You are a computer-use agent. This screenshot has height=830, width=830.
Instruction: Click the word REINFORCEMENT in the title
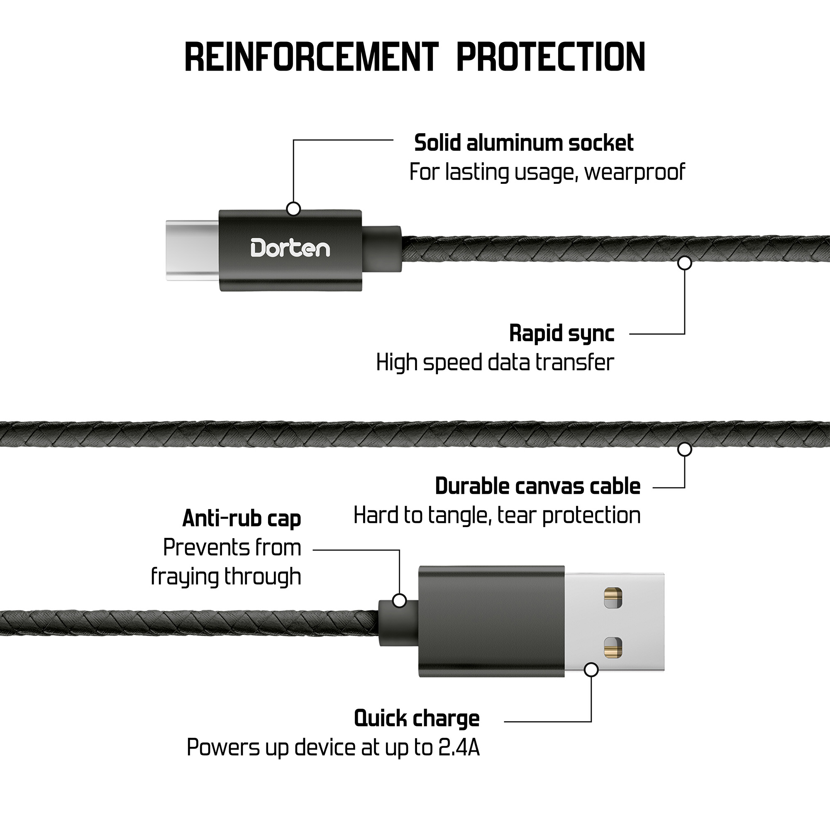point(312,57)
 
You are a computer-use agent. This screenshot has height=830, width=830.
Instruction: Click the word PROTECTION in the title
point(550,57)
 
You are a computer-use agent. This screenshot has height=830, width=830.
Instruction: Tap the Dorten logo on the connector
point(290,249)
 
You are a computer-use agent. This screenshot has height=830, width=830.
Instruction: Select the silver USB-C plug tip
point(192,251)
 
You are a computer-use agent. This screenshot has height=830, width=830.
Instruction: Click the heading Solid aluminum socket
point(523,143)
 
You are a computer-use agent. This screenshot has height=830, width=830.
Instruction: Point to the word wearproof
point(634,172)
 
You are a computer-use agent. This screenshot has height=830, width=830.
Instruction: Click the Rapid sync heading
point(561,333)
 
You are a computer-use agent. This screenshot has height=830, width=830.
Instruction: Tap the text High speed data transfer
point(495,362)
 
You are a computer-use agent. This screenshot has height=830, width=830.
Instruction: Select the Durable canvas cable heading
point(537,486)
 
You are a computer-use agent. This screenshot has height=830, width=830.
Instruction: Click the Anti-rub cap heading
point(242,518)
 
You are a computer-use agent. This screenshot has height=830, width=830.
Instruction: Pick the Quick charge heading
point(417,718)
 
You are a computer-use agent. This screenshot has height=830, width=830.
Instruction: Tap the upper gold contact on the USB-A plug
point(613,598)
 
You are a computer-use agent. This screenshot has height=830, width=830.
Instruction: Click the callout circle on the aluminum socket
point(293,209)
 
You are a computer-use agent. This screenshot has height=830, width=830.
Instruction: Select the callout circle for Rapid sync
point(684,263)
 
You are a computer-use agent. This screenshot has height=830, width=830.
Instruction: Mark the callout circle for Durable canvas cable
point(684,449)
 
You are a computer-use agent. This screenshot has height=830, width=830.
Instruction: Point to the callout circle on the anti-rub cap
point(400,601)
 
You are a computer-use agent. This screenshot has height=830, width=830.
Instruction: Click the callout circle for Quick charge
point(591,669)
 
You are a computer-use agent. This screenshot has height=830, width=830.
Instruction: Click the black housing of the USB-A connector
point(491,622)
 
